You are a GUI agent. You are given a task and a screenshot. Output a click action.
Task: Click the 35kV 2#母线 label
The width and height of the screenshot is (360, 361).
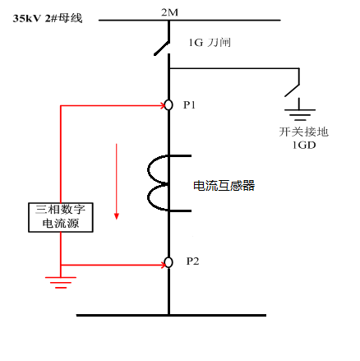coord(48,18)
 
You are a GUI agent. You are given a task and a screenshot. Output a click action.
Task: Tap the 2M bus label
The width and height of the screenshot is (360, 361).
coord(169,12)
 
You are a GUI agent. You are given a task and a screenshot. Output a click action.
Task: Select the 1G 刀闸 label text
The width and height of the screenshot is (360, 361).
coord(210,43)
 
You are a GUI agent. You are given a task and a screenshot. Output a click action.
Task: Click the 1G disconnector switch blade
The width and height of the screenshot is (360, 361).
coord(162,49)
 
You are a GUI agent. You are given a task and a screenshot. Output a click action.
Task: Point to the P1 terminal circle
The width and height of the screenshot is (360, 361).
coord(168,105)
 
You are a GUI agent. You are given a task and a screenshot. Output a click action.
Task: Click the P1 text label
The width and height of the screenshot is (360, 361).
coord(189,105)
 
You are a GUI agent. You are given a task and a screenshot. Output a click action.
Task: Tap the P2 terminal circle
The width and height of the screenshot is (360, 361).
coord(168,262)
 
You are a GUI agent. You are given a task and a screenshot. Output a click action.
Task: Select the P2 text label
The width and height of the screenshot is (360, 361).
coord(192,261)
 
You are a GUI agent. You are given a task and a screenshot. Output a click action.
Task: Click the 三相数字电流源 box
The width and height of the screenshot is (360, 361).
coord(61,217)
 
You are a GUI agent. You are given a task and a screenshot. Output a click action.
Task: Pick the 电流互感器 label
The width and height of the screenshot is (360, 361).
coord(224,186)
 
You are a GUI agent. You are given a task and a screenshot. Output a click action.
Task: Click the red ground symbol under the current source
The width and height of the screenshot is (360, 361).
coord(61,282)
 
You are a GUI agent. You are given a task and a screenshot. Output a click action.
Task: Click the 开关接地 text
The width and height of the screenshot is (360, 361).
coord(303,132)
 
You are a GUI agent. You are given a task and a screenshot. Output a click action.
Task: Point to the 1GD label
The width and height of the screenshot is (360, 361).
coord(304,145)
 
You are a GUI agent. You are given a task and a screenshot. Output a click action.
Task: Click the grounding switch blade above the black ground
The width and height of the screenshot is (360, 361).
coord(292,90)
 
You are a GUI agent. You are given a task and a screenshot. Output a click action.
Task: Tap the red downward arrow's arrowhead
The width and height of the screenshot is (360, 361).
coord(117,216)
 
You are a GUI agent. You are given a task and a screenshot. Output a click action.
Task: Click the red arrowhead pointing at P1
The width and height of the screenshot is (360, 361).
coord(163,105)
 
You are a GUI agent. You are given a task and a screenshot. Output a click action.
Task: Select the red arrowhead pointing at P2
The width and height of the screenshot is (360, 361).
coord(163,265)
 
